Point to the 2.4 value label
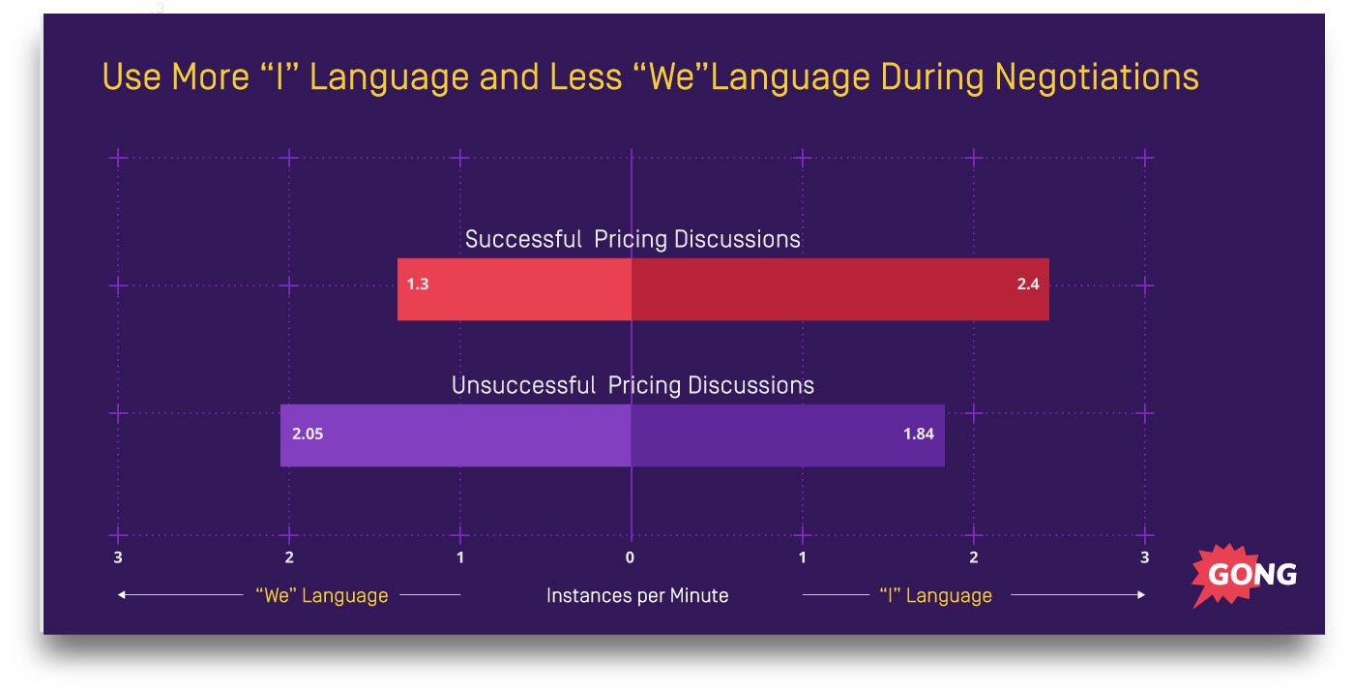1027,285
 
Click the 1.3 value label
417,285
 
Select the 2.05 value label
308,434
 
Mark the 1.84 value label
918,434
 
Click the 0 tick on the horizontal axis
630,557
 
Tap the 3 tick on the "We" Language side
118,557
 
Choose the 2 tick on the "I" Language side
974,557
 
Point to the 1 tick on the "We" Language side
460,557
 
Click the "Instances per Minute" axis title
637,595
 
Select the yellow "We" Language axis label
321,595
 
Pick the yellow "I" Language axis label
935,595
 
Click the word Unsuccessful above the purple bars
523,385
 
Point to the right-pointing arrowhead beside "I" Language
1142,595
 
